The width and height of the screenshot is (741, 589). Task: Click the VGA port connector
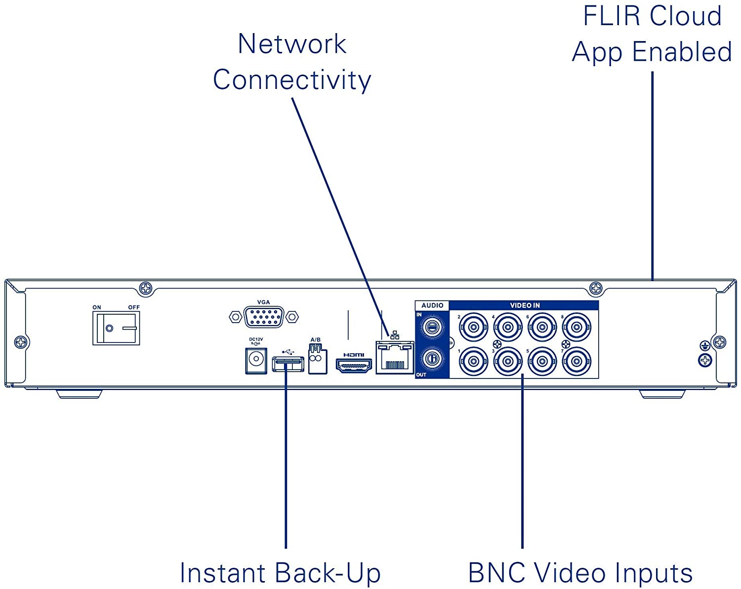[x=263, y=317]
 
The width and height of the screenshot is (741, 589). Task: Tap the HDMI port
[x=354, y=366]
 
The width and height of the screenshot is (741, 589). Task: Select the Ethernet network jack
[x=395, y=358]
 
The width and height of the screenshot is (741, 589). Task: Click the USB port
[x=288, y=365]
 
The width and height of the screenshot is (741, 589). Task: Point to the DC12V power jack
[x=256, y=360]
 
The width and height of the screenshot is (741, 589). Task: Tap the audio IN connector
[x=432, y=327]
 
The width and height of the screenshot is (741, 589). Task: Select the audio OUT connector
[x=432, y=359]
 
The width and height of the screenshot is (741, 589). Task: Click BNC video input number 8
[x=576, y=327]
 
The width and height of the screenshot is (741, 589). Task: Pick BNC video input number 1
[x=473, y=361]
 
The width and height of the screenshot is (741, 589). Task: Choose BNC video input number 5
[x=542, y=361]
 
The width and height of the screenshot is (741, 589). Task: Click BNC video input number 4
[x=508, y=327]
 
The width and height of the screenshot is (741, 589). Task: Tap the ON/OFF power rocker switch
[x=116, y=328]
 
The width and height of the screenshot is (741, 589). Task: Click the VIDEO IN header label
[x=525, y=305]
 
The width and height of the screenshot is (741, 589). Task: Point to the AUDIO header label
[x=432, y=305]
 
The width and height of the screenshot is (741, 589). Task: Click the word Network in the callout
[x=292, y=44]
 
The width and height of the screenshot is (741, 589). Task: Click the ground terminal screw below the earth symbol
[x=705, y=361]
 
